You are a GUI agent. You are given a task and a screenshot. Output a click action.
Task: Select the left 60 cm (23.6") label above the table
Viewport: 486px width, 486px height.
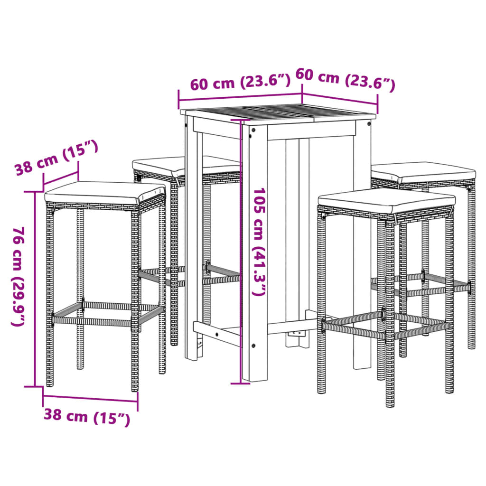(x=240, y=83)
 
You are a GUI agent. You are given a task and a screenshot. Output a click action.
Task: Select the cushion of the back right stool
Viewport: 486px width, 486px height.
(x=422, y=172)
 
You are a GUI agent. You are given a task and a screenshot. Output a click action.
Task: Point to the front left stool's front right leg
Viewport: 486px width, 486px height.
(x=135, y=299)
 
